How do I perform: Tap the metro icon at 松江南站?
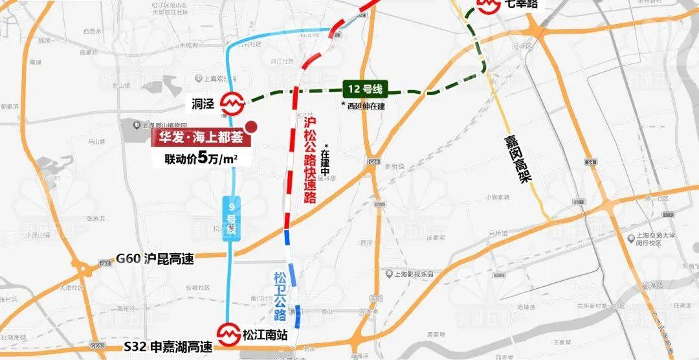pos(228,334)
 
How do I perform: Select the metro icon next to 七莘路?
pos(486,5)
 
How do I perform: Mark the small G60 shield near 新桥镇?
pos(373,161)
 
